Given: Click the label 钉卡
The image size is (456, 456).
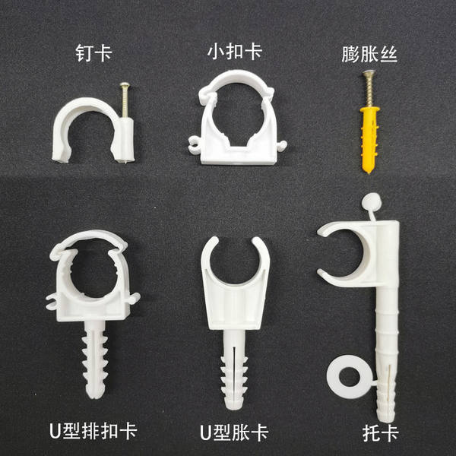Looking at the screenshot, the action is coord(93,52).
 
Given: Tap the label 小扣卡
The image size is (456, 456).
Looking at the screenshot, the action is coord(235,52).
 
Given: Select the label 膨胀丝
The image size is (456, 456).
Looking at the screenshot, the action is coord(369,54).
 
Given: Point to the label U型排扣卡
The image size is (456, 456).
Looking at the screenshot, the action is coord(93,430).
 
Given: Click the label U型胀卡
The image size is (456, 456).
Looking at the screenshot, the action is coord(234,432).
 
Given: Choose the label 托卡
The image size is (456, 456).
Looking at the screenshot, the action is coord(381,434).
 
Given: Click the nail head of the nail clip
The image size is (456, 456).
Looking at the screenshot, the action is coord(125,84).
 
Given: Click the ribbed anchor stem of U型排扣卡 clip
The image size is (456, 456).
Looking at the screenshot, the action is coord(95,359).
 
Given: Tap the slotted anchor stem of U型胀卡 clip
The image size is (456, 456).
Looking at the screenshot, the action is coord(234,369).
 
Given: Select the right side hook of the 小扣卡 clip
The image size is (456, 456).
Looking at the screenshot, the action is coord(281,144).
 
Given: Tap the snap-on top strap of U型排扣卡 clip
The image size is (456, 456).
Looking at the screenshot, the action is coord(89,239).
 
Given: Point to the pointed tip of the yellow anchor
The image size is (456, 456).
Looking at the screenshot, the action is coord(369,173).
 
